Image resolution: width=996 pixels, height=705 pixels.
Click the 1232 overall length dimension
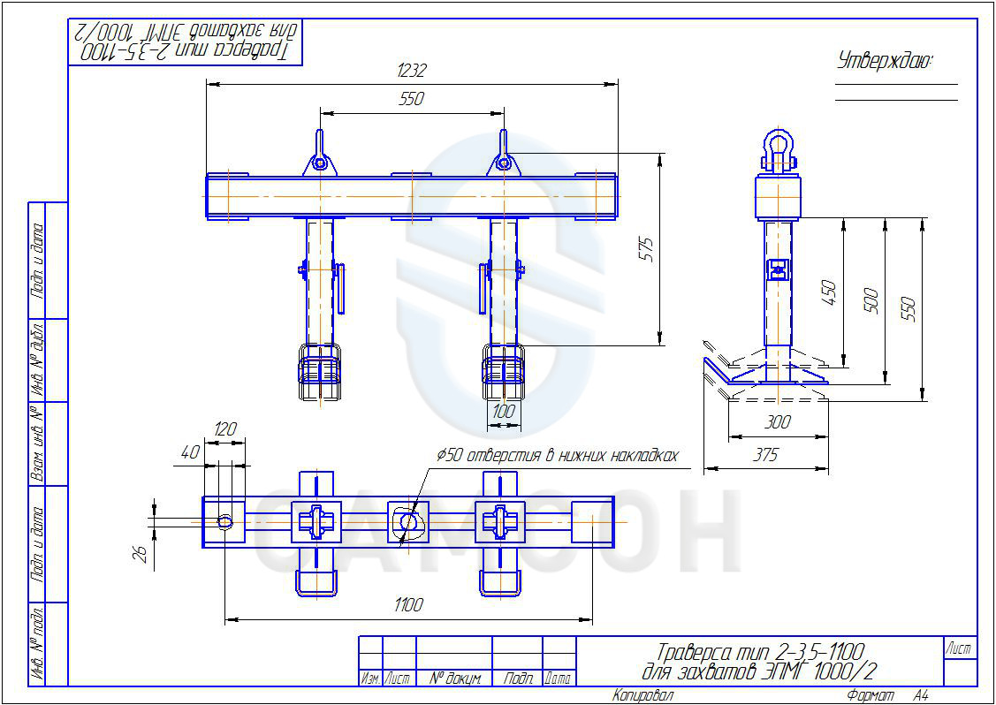click(x=412, y=71)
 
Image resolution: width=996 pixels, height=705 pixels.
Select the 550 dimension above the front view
click(x=412, y=100)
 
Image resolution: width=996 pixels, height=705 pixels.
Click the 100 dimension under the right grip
click(x=503, y=412)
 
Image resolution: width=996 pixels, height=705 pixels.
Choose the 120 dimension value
click(x=225, y=429)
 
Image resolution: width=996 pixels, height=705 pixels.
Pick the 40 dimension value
click(x=190, y=451)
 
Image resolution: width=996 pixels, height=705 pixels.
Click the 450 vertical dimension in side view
click(x=829, y=293)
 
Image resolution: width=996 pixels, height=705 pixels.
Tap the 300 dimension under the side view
click(x=777, y=423)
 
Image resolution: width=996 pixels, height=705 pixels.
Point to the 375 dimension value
click(x=765, y=456)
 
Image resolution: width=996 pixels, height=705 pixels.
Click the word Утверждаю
click(x=885, y=61)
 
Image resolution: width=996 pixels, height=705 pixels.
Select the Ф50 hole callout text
click(x=558, y=456)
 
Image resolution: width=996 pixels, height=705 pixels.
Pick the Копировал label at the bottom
click(x=643, y=696)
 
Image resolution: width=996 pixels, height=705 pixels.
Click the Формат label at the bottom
click(x=871, y=696)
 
